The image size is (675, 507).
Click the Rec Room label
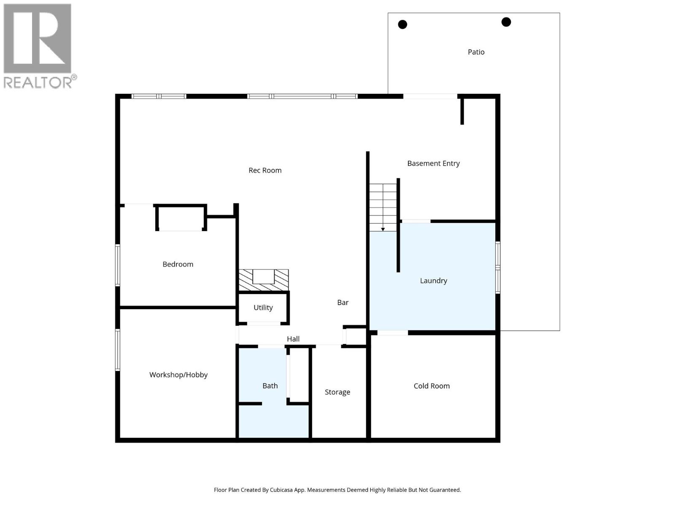tap(265, 170)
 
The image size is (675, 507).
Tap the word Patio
tap(476, 52)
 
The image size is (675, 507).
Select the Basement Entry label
tap(433, 164)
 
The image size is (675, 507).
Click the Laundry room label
tap(433, 281)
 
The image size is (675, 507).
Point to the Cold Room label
tap(432, 386)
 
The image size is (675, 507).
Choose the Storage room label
tap(337, 392)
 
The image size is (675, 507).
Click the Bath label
tap(270, 386)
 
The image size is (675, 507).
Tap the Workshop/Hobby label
tap(178, 375)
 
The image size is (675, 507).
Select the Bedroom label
tap(178, 264)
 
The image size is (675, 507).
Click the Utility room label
tap(263, 308)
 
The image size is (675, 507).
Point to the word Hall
tap(293, 339)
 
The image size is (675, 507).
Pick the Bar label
tap(343, 303)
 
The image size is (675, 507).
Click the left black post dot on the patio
tap(402, 25)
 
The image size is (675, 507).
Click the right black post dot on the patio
tap(506, 22)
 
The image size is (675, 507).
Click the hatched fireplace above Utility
tap(264, 280)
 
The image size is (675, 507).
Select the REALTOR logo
tap(38, 46)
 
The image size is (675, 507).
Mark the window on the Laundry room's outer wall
tap(497, 267)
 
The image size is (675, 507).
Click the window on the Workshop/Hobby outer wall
tap(118, 350)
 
